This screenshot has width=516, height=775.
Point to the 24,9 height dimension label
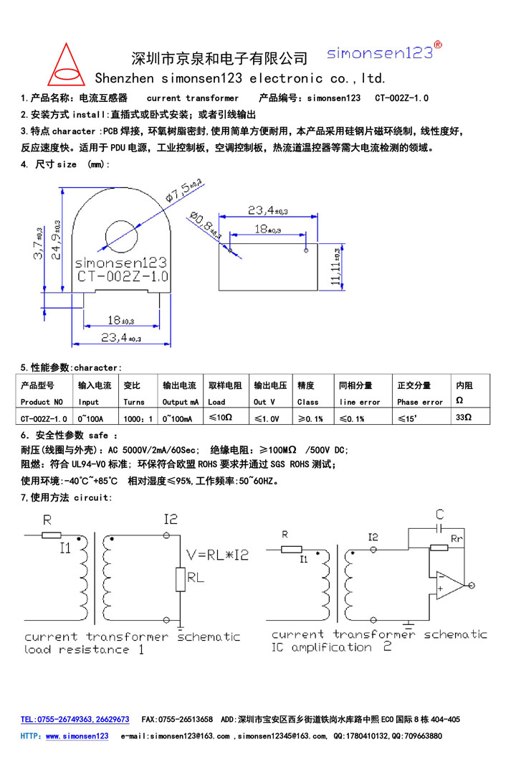[57, 240]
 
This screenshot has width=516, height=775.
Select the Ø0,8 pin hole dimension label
[206, 225]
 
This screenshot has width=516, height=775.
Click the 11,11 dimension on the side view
[336, 267]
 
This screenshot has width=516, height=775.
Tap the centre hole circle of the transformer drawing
[121, 237]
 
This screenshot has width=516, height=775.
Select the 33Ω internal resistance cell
[464, 417]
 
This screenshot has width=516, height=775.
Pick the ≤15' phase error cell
[408, 418]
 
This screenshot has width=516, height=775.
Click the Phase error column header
[420, 403]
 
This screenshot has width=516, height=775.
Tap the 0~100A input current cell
[90, 418]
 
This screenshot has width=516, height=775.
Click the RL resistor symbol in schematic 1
[180, 579]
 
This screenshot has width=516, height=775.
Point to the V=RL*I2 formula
[217, 555]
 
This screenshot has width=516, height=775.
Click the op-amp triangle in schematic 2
[450, 586]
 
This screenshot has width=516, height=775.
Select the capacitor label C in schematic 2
[440, 514]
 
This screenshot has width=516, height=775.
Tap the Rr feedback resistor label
[457, 538]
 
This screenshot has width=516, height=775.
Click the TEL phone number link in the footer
[75, 720]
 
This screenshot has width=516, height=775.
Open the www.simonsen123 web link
[77, 736]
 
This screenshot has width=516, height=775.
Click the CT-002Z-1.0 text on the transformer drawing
[123, 276]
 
